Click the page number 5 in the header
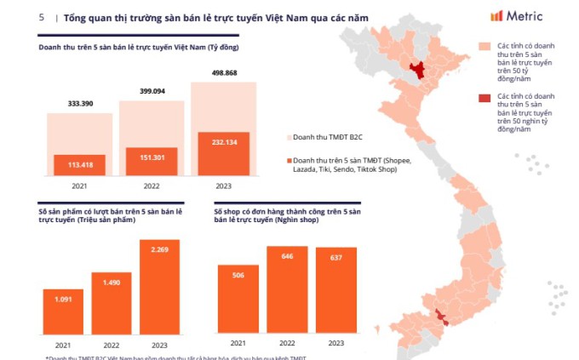(x=41, y=16)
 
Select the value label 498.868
(x=218, y=73)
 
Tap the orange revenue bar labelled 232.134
(x=218, y=153)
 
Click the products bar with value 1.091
(x=63, y=312)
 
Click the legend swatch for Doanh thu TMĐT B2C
(x=288, y=135)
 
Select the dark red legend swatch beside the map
(x=484, y=99)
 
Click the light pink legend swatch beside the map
(x=484, y=47)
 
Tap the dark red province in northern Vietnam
(x=418, y=71)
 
